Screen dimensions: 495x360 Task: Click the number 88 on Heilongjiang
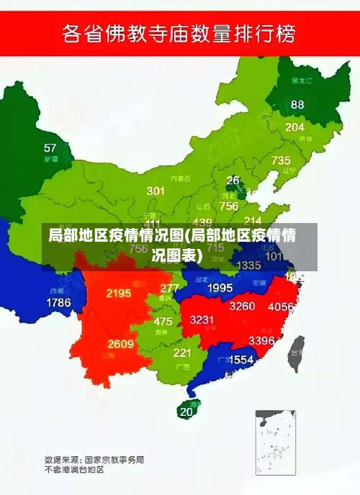(297, 104)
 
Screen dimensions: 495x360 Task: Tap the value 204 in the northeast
(294, 127)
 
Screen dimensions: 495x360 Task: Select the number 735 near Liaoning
(281, 160)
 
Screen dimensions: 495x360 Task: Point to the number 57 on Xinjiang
(50, 148)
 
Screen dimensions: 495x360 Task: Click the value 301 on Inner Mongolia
(156, 191)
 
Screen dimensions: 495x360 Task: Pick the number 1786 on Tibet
(58, 303)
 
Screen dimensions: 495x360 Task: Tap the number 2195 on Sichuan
(118, 293)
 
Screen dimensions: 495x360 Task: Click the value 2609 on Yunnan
(121, 344)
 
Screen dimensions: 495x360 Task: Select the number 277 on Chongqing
(169, 288)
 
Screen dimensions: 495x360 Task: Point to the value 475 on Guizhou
(163, 322)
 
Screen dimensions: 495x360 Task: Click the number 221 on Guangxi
(182, 353)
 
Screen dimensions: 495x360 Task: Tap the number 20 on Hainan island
(186, 412)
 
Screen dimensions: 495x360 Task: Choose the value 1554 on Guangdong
(241, 359)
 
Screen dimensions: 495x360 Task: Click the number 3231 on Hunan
(202, 320)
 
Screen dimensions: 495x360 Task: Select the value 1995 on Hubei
(220, 288)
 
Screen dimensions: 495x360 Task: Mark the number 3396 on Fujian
(261, 340)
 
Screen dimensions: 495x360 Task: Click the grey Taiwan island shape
(296, 353)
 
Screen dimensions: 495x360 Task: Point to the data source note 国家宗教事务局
(114, 458)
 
